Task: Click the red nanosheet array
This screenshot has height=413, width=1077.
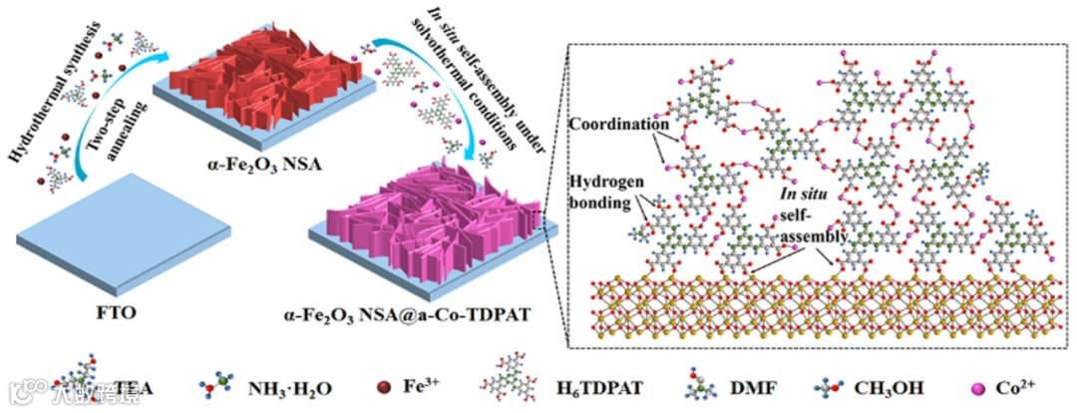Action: [269, 75]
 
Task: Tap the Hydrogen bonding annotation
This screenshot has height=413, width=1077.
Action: [604, 189]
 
